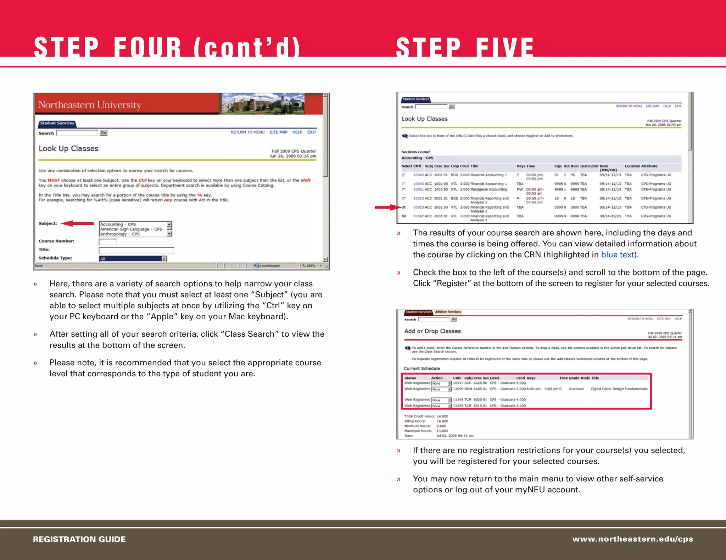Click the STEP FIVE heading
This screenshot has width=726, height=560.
(465, 47)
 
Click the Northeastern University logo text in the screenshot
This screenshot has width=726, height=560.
(90, 105)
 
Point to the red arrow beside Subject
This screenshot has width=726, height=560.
(77, 223)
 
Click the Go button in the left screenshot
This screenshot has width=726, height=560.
(103, 133)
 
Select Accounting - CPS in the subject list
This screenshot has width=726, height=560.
(118, 224)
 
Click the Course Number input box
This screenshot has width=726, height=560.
(107, 242)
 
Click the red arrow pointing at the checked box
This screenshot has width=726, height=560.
(387, 207)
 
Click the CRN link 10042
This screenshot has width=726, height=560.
(418, 175)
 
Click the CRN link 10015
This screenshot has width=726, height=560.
(418, 207)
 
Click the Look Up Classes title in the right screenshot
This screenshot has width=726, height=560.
(424, 119)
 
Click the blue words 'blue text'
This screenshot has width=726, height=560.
(617, 255)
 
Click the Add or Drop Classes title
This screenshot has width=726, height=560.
(432, 331)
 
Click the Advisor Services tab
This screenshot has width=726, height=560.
(448, 312)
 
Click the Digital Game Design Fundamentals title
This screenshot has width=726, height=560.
(619, 389)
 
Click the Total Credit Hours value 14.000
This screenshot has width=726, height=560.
(442, 416)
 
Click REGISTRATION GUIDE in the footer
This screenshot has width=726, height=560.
(79, 539)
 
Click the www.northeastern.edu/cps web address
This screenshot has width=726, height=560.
(632, 539)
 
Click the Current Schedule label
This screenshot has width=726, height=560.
(422, 368)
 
